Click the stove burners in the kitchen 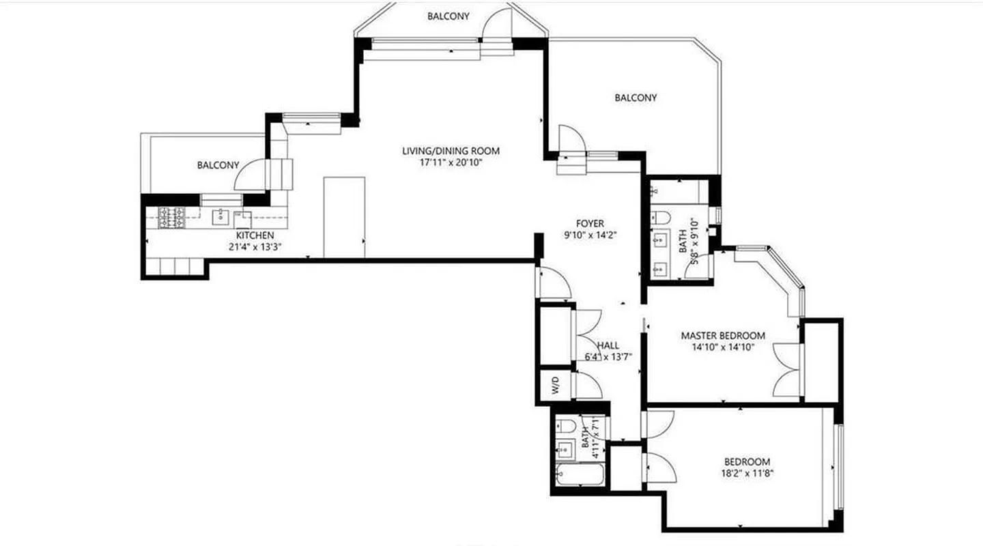tap(172, 217)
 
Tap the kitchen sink tap(220, 217)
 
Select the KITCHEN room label tap(255, 235)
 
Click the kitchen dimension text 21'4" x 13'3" tap(255, 247)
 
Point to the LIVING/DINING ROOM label tap(451, 151)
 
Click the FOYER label tap(590, 223)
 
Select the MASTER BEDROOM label tap(723, 336)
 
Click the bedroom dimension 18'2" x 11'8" tap(747, 473)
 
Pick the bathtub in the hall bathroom tap(580, 474)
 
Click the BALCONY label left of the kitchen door tap(218, 165)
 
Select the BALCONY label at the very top tap(448, 16)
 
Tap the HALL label tap(607, 345)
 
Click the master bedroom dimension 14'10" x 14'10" tap(723, 347)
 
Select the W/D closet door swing tap(588, 386)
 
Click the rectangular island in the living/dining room tap(344, 217)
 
